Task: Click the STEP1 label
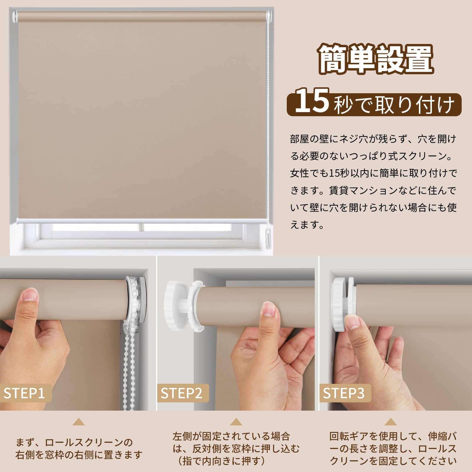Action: click(x=24, y=393)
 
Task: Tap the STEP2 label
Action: click(x=181, y=393)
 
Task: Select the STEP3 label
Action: click(x=344, y=393)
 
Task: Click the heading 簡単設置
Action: click(x=376, y=59)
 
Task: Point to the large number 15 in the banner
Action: click(x=312, y=101)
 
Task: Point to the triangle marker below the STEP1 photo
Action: click(x=78, y=422)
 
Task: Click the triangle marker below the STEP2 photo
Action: click(x=236, y=422)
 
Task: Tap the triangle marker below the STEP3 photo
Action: click(x=391, y=422)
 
